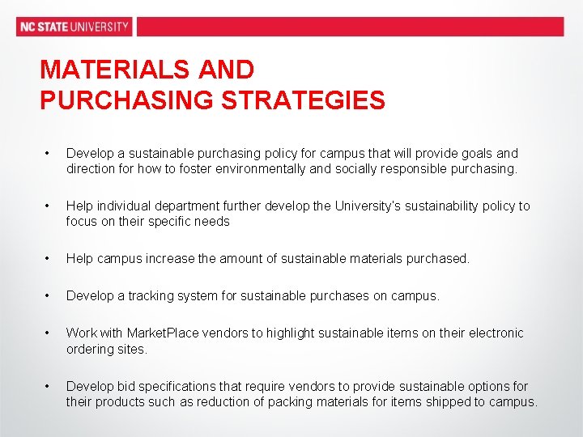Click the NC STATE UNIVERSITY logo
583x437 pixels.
[x=74, y=27]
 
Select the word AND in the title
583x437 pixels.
[x=228, y=70]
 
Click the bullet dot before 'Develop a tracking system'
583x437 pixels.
[x=48, y=296]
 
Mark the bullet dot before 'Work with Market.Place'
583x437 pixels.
[x=48, y=333]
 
